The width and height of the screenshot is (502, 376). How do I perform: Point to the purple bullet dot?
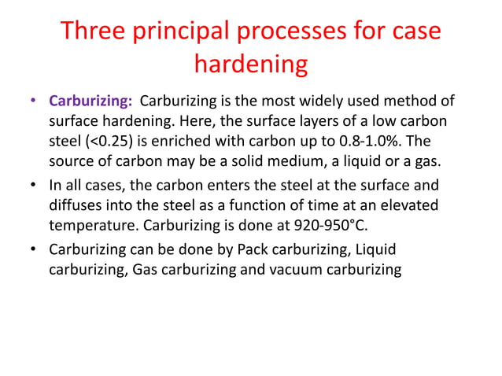[32, 103]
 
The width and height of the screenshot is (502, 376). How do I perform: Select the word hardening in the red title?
[250, 65]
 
